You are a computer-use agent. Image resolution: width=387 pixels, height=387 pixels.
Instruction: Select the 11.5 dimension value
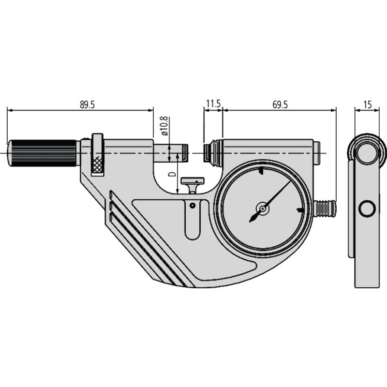[213, 104]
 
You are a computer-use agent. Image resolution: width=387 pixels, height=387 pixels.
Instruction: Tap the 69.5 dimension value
[279, 104]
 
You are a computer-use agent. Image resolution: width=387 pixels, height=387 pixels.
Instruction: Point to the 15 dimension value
[367, 104]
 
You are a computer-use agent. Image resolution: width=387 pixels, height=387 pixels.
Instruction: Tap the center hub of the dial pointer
[262, 208]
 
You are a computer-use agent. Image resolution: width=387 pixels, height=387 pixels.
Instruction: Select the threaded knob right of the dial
[325, 208]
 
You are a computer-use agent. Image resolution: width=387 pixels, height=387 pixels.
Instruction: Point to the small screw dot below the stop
[193, 206]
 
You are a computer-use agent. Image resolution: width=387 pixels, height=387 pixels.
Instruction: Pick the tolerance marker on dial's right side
[300, 210]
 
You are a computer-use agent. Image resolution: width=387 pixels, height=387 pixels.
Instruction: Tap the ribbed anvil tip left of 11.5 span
[209, 151]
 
